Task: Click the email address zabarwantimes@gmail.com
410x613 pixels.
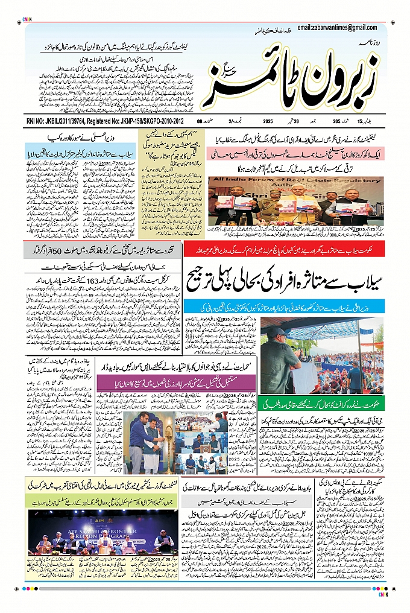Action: pyautogui.click(x=337, y=28)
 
